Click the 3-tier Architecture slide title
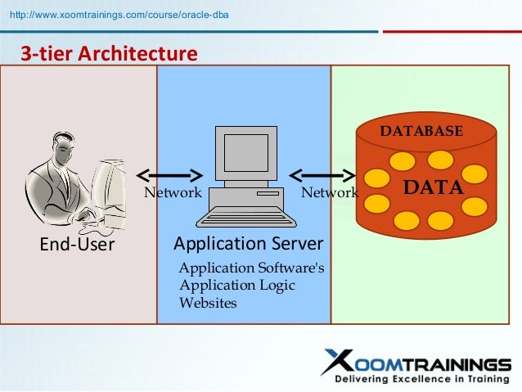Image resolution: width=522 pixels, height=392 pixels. [109, 54]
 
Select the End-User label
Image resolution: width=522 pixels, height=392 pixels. [78, 245]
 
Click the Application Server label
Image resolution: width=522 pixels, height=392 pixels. [249, 243]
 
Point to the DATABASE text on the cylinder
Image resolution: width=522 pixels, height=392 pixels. [421, 131]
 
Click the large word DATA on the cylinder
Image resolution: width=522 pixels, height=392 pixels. [434, 187]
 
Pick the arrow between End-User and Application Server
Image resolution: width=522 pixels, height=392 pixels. [169, 174]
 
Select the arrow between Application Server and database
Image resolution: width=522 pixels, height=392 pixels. [322, 174]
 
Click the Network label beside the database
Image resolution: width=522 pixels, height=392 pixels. [329, 193]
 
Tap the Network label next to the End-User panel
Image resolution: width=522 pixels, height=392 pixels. [173, 193]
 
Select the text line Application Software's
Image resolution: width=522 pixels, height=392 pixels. [251, 268]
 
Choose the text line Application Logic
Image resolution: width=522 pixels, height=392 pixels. [236, 286]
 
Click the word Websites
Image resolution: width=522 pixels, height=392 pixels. [208, 303]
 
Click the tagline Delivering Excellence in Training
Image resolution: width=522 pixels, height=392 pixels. [421, 380]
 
